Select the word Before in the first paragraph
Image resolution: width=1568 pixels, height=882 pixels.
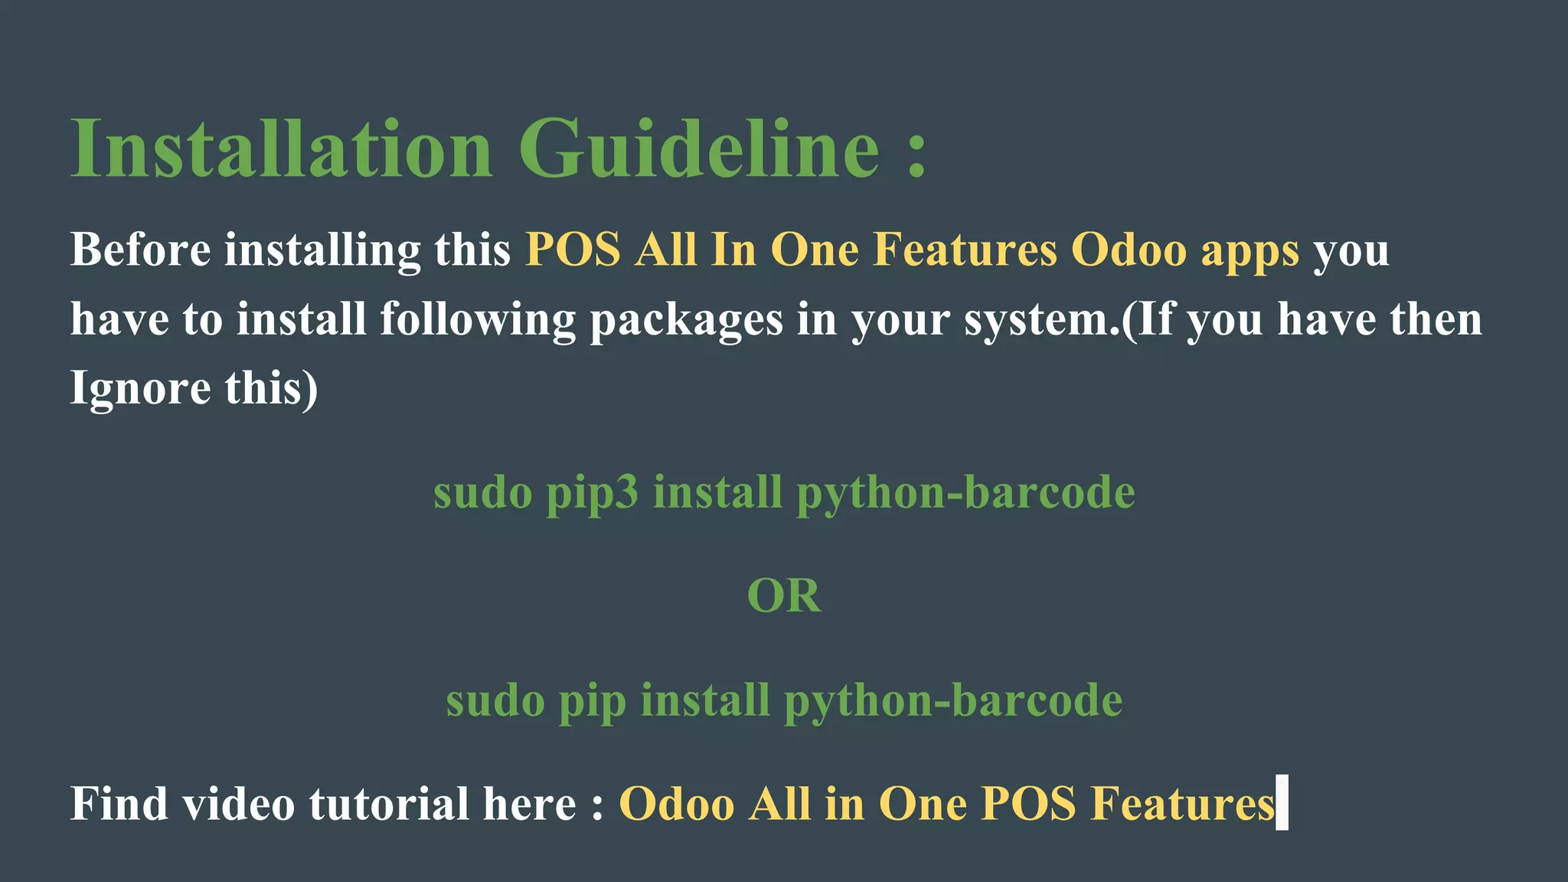(x=140, y=250)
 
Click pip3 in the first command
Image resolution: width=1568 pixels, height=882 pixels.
(x=592, y=494)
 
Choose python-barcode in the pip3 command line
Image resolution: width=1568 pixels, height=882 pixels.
(x=965, y=494)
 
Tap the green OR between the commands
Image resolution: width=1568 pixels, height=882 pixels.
(x=784, y=596)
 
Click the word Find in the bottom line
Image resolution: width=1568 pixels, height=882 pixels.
(x=119, y=804)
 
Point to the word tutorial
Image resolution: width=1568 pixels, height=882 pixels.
(x=389, y=804)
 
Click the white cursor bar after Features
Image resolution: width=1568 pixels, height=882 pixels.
(x=1282, y=802)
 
